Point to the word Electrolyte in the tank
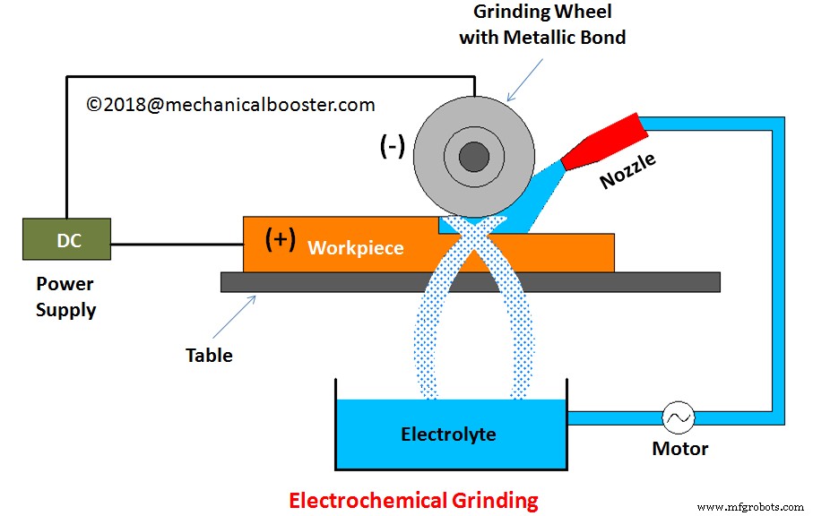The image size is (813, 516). click(x=448, y=434)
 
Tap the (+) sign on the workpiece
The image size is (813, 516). click(x=281, y=239)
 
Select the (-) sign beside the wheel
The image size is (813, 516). click(x=392, y=147)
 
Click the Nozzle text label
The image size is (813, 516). click(x=627, y=169)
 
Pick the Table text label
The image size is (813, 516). click(x=209, y=356)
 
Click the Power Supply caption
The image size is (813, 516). click(x=65, y=297)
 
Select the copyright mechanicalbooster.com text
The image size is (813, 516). click(x=230, y=105)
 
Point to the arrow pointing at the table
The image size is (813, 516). click(x=241, y=311)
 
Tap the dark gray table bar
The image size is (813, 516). click(x=470, y=282)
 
